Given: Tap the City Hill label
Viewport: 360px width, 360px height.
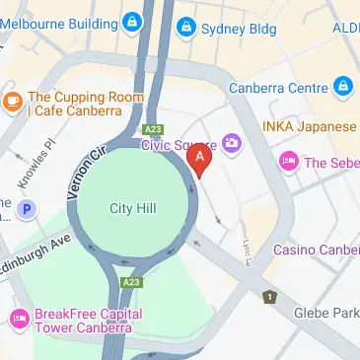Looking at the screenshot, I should coord(131,207).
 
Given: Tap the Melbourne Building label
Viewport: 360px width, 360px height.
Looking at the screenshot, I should coord(57,20).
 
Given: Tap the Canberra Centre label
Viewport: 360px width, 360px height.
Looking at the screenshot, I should coord(277,87).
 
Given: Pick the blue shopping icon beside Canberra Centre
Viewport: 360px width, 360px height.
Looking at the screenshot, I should coord(342,87).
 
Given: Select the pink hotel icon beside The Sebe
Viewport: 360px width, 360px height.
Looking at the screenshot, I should coord(289,162).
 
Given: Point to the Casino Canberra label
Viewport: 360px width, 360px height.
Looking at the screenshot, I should coord(316,250).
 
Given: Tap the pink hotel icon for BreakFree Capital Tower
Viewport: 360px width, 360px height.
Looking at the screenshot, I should coord(17,319).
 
